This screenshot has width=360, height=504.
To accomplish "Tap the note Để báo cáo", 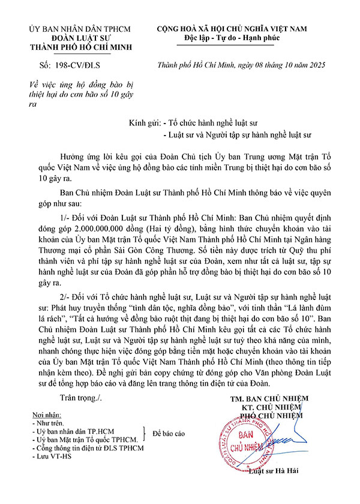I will coord(169,433).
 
